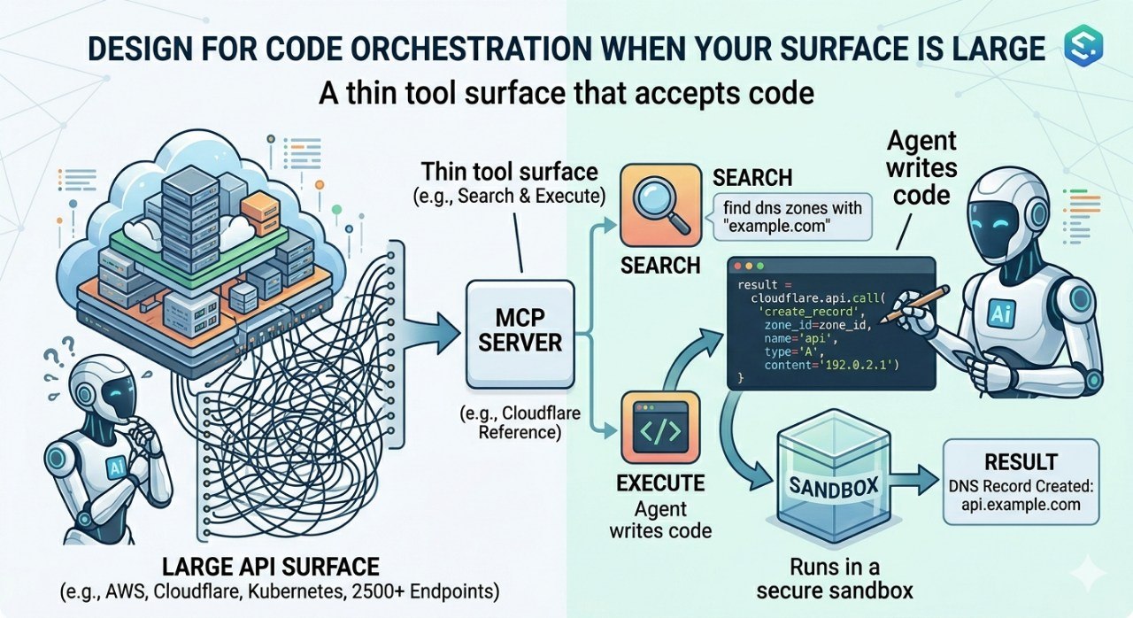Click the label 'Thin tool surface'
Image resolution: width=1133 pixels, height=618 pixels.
(x=509, y=171)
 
